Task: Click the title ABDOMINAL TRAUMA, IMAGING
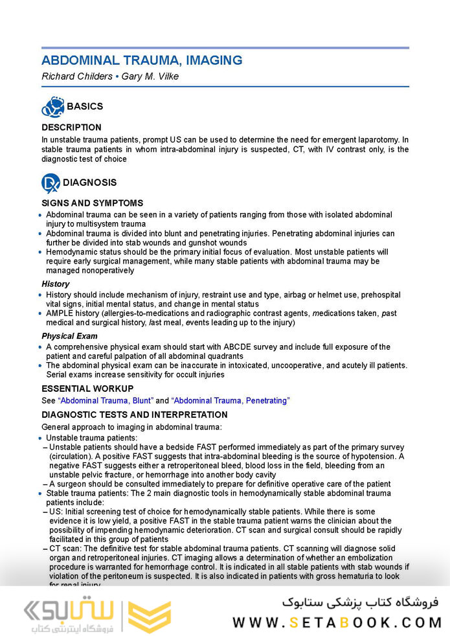[142, 61]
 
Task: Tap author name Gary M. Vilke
[152, 76]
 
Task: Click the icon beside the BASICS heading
[52, 106]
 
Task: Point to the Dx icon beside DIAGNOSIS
[51, 183]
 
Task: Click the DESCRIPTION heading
[71, 128]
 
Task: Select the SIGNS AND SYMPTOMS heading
[93, 203]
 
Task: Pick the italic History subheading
[55, 284]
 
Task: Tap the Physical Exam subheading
[69, 336]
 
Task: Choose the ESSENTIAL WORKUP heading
[87, 389]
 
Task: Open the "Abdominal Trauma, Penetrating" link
[231, 401]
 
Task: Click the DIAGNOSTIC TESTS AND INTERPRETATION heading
[135, 415]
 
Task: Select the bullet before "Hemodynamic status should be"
[43, 253]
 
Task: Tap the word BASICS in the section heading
[85, 106]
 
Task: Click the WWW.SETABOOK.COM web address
[337, 623]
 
